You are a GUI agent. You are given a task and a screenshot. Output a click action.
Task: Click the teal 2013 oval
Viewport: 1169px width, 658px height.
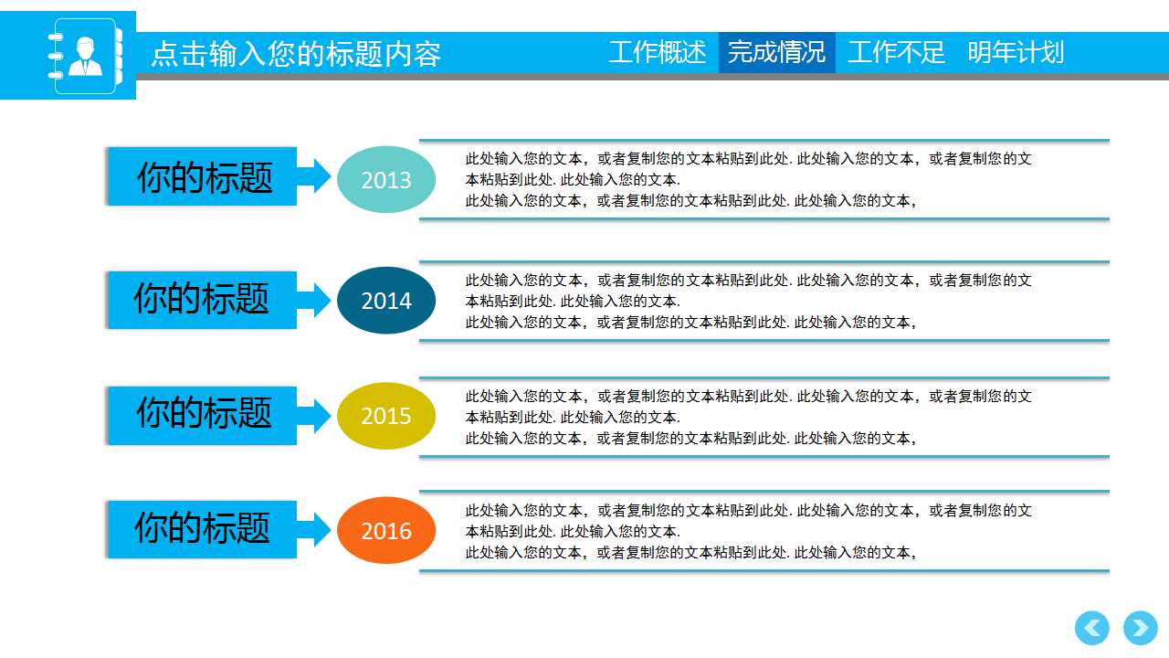(386, 180)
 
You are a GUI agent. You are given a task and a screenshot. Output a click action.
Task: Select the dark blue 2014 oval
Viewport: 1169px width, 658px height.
(386, 301)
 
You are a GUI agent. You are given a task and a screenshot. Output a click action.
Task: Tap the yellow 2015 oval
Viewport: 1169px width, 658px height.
(386, 416)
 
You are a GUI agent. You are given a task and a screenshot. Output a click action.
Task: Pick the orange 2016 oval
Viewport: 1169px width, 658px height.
(386, 531)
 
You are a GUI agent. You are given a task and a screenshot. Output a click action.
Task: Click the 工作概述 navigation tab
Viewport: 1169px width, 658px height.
(658, 52)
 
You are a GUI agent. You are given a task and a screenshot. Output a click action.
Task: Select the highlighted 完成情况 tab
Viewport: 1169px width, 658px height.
(776, 52)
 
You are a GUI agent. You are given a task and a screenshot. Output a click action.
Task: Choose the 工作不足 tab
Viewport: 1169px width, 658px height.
(896, 52)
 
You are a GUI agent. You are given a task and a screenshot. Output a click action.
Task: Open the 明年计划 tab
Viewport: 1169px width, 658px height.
(1016, 52)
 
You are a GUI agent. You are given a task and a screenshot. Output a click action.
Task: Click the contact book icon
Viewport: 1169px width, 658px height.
(84, 56)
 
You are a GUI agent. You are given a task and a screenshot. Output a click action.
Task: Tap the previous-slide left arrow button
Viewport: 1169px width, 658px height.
(1092, 629)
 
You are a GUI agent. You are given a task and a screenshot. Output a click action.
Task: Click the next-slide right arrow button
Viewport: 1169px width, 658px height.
(1140, 629)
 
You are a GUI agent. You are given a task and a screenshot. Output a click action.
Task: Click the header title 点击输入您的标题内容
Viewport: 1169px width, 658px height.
(296, 54)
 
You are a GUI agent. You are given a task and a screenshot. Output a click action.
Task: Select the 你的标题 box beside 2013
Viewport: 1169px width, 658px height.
(204, 176)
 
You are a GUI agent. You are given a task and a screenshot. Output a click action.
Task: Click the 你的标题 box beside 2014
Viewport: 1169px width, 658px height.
(202, 300)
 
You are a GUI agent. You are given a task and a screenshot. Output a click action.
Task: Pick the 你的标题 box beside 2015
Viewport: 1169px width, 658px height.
(203, 415)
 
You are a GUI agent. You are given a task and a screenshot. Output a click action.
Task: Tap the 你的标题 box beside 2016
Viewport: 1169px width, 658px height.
(202, 529)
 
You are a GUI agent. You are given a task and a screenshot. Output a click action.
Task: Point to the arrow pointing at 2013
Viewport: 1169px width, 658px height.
(315, 175)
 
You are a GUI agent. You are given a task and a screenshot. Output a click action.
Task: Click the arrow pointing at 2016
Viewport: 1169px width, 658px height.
(315, 529)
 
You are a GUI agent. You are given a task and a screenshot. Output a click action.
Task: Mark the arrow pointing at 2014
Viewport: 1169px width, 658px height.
(315, 300)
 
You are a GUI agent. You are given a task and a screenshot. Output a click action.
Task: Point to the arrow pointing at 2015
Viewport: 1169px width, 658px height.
(315, 415)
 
